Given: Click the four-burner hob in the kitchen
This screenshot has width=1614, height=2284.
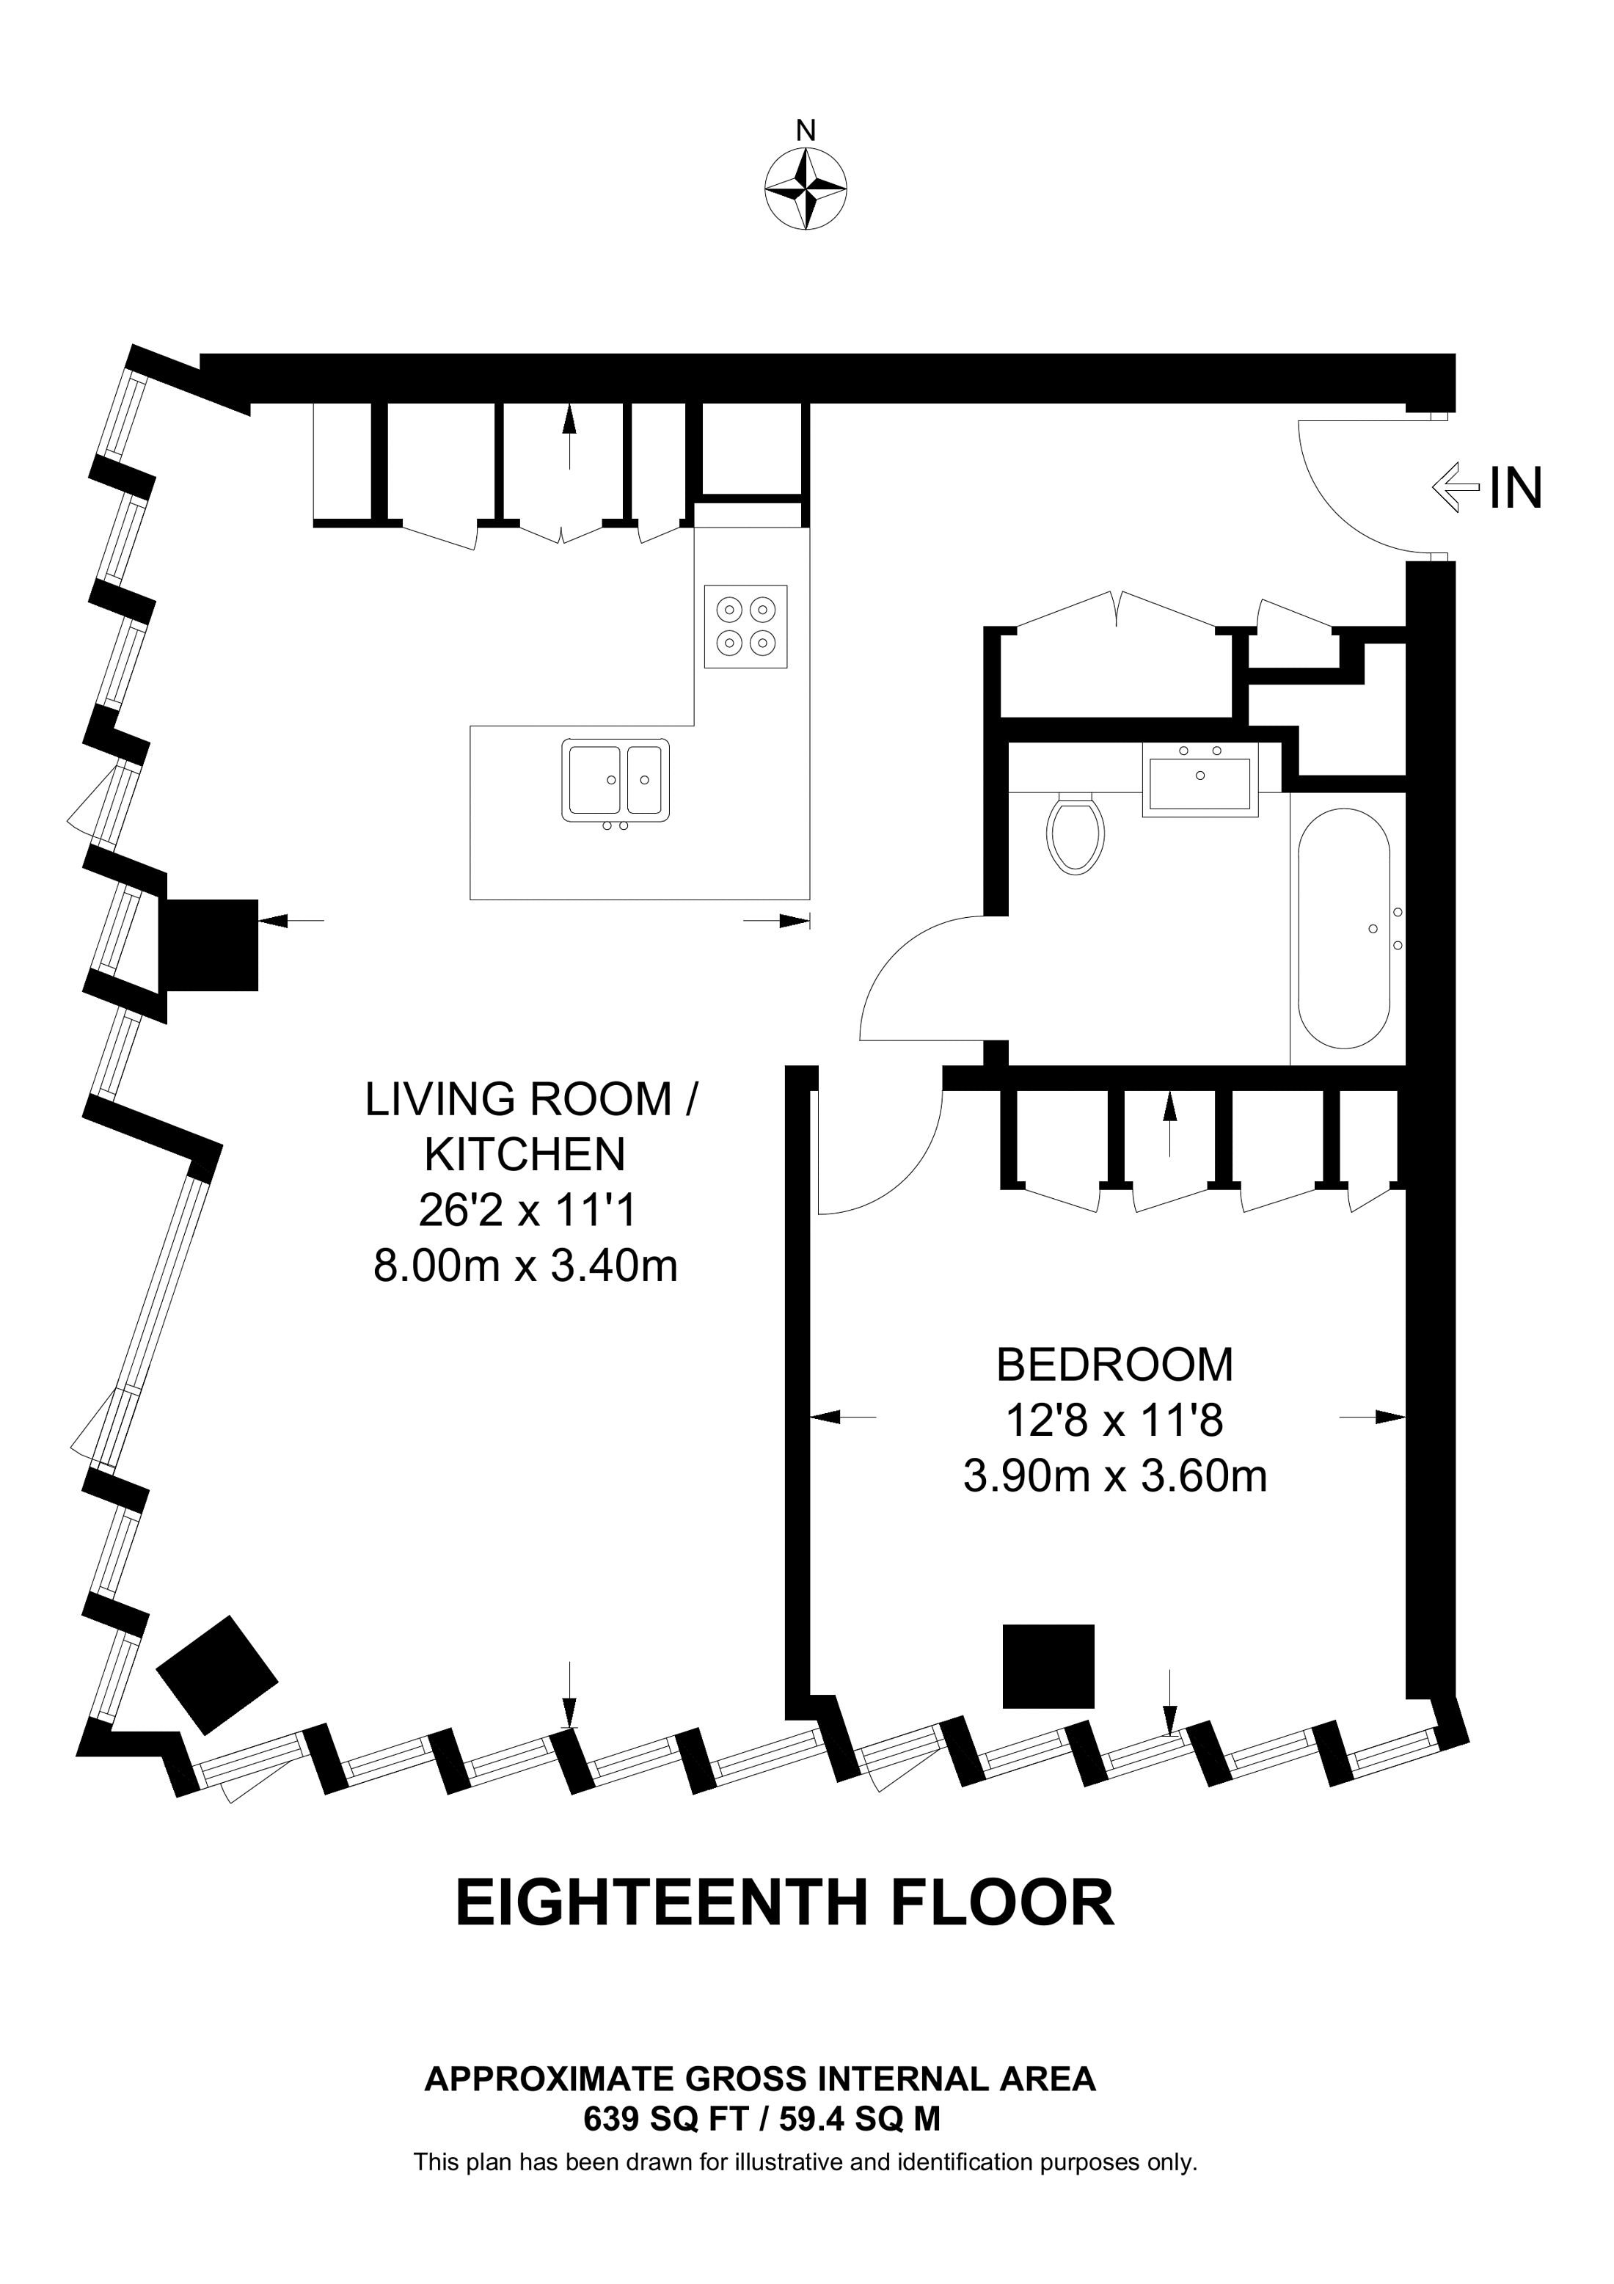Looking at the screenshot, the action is [x=746, y=626].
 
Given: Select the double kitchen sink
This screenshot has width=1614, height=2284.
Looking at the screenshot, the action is [x=616, y=781].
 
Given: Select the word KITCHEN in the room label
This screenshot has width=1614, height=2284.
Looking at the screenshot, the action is [x=525, y=1155].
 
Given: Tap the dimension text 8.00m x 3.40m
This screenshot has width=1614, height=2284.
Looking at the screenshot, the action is [x=525, y=1266].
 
